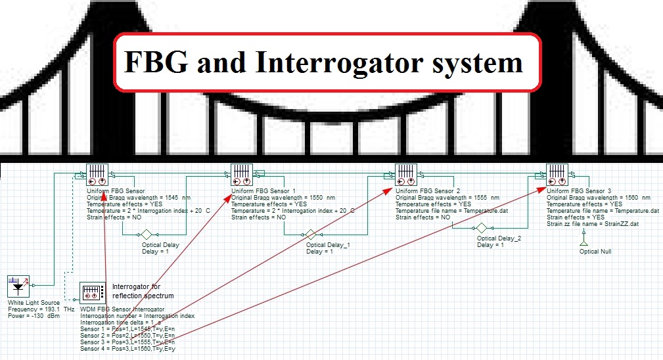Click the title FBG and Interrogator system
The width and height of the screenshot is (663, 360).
323,62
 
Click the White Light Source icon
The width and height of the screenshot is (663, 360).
18,287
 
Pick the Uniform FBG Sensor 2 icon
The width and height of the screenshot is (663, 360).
406,175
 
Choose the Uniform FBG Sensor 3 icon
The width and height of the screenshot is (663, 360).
557,175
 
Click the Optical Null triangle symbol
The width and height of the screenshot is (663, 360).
581,244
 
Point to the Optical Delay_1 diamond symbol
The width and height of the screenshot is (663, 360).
311,235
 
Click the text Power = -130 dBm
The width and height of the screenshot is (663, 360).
34,316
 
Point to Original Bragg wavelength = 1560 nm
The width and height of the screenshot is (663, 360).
599,197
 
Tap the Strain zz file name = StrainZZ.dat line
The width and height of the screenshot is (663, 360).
593,224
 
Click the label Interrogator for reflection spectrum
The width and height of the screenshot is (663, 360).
143,291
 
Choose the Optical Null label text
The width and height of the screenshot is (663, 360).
595,252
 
